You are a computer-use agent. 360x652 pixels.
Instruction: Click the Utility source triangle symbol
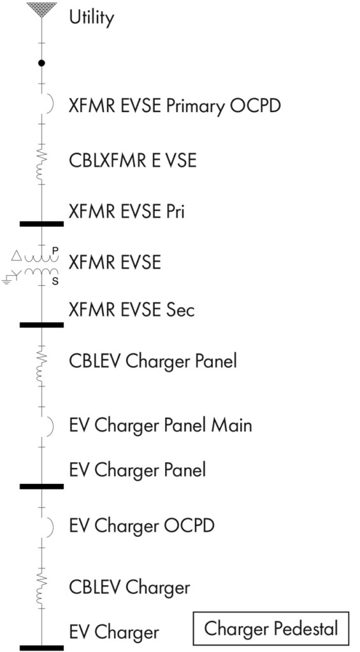click(x=41, y=9)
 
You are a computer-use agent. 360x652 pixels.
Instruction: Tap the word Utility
click(x=91, y=18)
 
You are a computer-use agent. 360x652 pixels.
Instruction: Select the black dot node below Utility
click(x=41, y=63)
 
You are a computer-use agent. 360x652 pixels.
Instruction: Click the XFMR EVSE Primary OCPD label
click(x=175, y=106)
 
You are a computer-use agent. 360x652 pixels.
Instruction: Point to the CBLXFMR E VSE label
click(x=133, y=160)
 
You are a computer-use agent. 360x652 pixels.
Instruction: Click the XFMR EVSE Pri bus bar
click(x=41, y=223)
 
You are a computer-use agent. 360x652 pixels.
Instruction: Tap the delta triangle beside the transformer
click(x=16, y=256)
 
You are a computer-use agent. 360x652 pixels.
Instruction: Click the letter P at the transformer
click(x=55, y=250)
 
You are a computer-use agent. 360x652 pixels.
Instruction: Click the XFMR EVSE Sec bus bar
click(x=41, y=325)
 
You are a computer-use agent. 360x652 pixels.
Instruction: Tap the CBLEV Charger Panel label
click(x=153, y=361)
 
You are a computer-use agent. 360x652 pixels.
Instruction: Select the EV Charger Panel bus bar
click(x=41, y=486)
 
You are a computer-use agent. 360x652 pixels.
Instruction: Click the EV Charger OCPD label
click(x=141, y=526)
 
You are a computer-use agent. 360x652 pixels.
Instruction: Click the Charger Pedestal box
click(x=271, y=628)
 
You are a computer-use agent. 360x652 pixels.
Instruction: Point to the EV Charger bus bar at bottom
click(x=41, y=648)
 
